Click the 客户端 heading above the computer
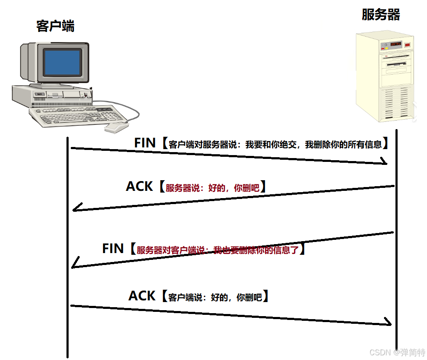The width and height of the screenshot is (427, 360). tap(55, 26)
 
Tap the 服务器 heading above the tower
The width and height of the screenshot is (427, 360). tap(381, 14)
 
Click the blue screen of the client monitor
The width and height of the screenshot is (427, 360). tap(63, 63)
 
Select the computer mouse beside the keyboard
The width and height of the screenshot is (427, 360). tap(116, 127)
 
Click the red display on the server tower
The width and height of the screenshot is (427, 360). tap(396, 44)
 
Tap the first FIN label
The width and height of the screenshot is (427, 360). tap(145, 143)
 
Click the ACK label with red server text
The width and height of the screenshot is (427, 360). tap(139, 186)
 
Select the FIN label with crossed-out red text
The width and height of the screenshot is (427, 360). tap(113, 248)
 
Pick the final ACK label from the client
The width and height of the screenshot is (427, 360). tap(141, 296)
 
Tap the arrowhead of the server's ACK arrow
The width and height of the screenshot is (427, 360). tap(76, 208)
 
